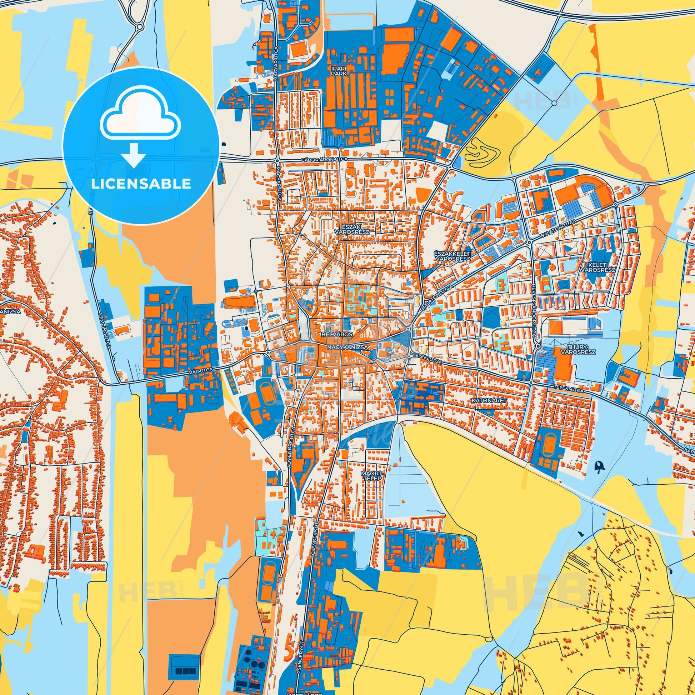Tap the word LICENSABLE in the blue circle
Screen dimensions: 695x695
point(141,184)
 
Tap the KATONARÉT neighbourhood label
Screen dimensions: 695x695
point(488,400)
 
